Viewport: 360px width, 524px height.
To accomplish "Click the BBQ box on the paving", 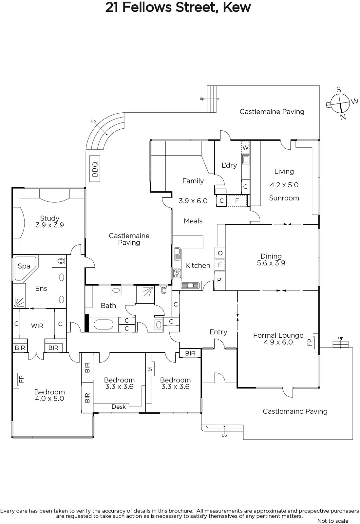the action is click(x=95, y=169).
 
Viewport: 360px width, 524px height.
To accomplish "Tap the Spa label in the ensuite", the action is click(x=24, y=266).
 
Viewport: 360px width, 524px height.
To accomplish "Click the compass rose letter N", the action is click(x=343, y=117).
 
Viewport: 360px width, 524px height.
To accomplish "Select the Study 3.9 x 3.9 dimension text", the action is click(x=49, y=225).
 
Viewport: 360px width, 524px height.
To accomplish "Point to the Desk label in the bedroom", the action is click(x=119, y=407).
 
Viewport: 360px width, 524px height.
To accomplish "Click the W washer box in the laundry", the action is click(x=245, y=148).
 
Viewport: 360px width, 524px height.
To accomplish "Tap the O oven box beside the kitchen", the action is click(x=220, y=253).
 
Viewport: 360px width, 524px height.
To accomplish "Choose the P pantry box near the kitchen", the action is click(x=219, y=280).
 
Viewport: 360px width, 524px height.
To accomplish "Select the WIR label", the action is click(x=37, y=326).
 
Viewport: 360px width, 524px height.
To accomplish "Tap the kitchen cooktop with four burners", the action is click(x=177, y=273).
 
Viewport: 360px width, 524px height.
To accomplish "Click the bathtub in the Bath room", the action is click(x=104, y=325).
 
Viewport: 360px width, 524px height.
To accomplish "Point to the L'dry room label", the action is click(x=229, y=165).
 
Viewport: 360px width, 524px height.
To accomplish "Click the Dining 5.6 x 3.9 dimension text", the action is click(x=271, y=263).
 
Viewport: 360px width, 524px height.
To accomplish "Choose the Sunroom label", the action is click(x=284, y=198).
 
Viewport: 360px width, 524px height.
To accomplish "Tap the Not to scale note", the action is click(x=333, y=521).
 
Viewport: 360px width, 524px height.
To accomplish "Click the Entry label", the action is click(x=218, y=332).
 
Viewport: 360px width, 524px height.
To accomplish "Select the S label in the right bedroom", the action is click(x=150, y=369).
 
